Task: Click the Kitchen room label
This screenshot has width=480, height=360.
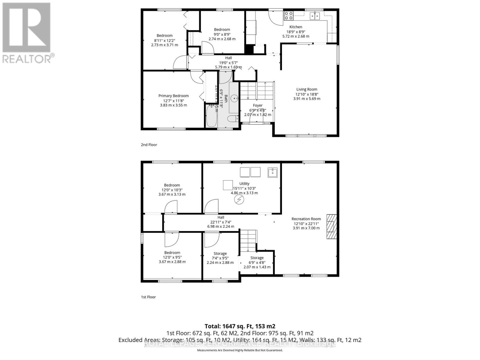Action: coord(295,27)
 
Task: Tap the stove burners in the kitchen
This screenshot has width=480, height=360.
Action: coord(289,15)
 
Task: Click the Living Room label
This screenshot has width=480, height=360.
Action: coord(307,89)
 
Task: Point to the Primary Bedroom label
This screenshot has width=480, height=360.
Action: coord(173,96)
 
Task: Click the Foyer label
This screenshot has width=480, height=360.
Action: coord(257,106)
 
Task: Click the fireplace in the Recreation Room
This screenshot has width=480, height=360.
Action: coord(332,226)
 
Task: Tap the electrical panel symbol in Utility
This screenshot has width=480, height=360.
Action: coord(239,200)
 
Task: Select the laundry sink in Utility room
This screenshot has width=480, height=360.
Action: coord(272,172)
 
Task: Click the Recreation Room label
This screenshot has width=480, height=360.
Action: coord(306,219)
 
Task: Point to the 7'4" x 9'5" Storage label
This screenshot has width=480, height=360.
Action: coord(220,254)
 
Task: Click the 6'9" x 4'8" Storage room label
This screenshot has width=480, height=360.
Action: coord(257,258)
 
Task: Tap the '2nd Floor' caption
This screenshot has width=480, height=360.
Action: coord(149,145)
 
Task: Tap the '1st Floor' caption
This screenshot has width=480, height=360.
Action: coord(148,297)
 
